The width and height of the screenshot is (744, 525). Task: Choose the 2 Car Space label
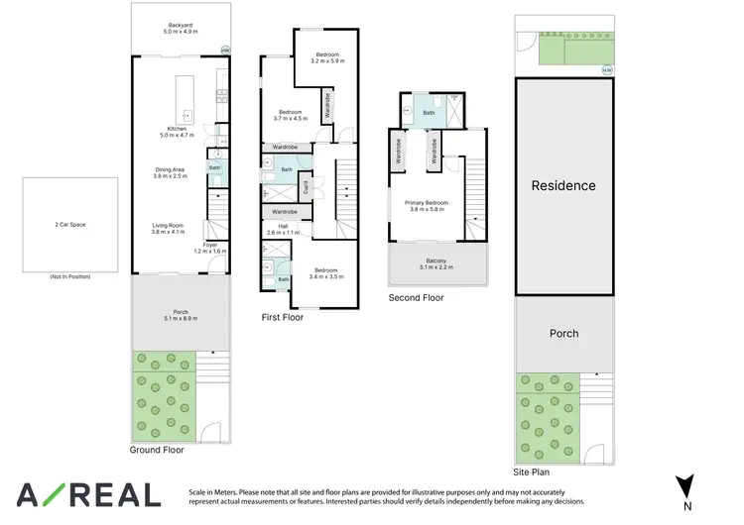click(70, 225)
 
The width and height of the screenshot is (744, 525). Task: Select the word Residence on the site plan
click(563, 185)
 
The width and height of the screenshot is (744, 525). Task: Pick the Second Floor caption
click(417, 297)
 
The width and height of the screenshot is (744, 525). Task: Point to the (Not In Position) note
click(70, 276)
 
